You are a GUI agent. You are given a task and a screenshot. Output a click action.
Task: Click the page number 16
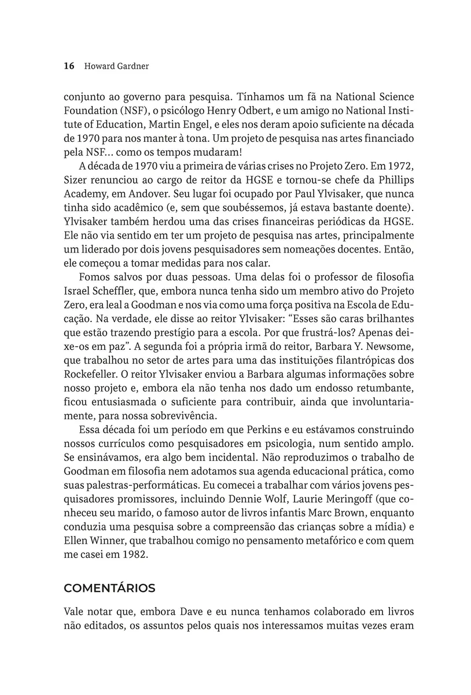tap(69, 66)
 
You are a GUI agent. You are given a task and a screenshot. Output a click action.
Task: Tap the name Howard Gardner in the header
tap(116, 66)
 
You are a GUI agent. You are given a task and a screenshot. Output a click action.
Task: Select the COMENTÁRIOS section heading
tap(109, 588)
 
